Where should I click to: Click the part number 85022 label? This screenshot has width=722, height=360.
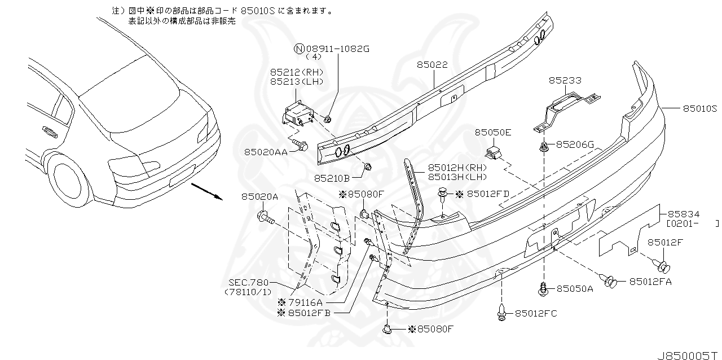[x=433, y=65]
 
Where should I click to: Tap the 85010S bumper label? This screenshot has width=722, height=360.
[x=699, y=108]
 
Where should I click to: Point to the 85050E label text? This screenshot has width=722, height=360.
[x=492, y=133]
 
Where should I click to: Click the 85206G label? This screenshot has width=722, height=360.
[x=575, y=144]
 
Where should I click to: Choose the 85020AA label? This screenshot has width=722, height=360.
[x=266, y=151]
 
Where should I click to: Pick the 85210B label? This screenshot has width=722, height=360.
[x=332, y=178]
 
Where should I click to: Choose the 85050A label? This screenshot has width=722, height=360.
[x=575, y=288]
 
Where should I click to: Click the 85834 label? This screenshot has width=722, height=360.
[x=684, y=214]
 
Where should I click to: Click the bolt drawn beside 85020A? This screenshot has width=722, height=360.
[x=265, y=217]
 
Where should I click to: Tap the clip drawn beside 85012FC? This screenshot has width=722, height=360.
[x=501, y=313]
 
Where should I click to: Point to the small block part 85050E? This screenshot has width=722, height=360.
[x=494, y=152]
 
